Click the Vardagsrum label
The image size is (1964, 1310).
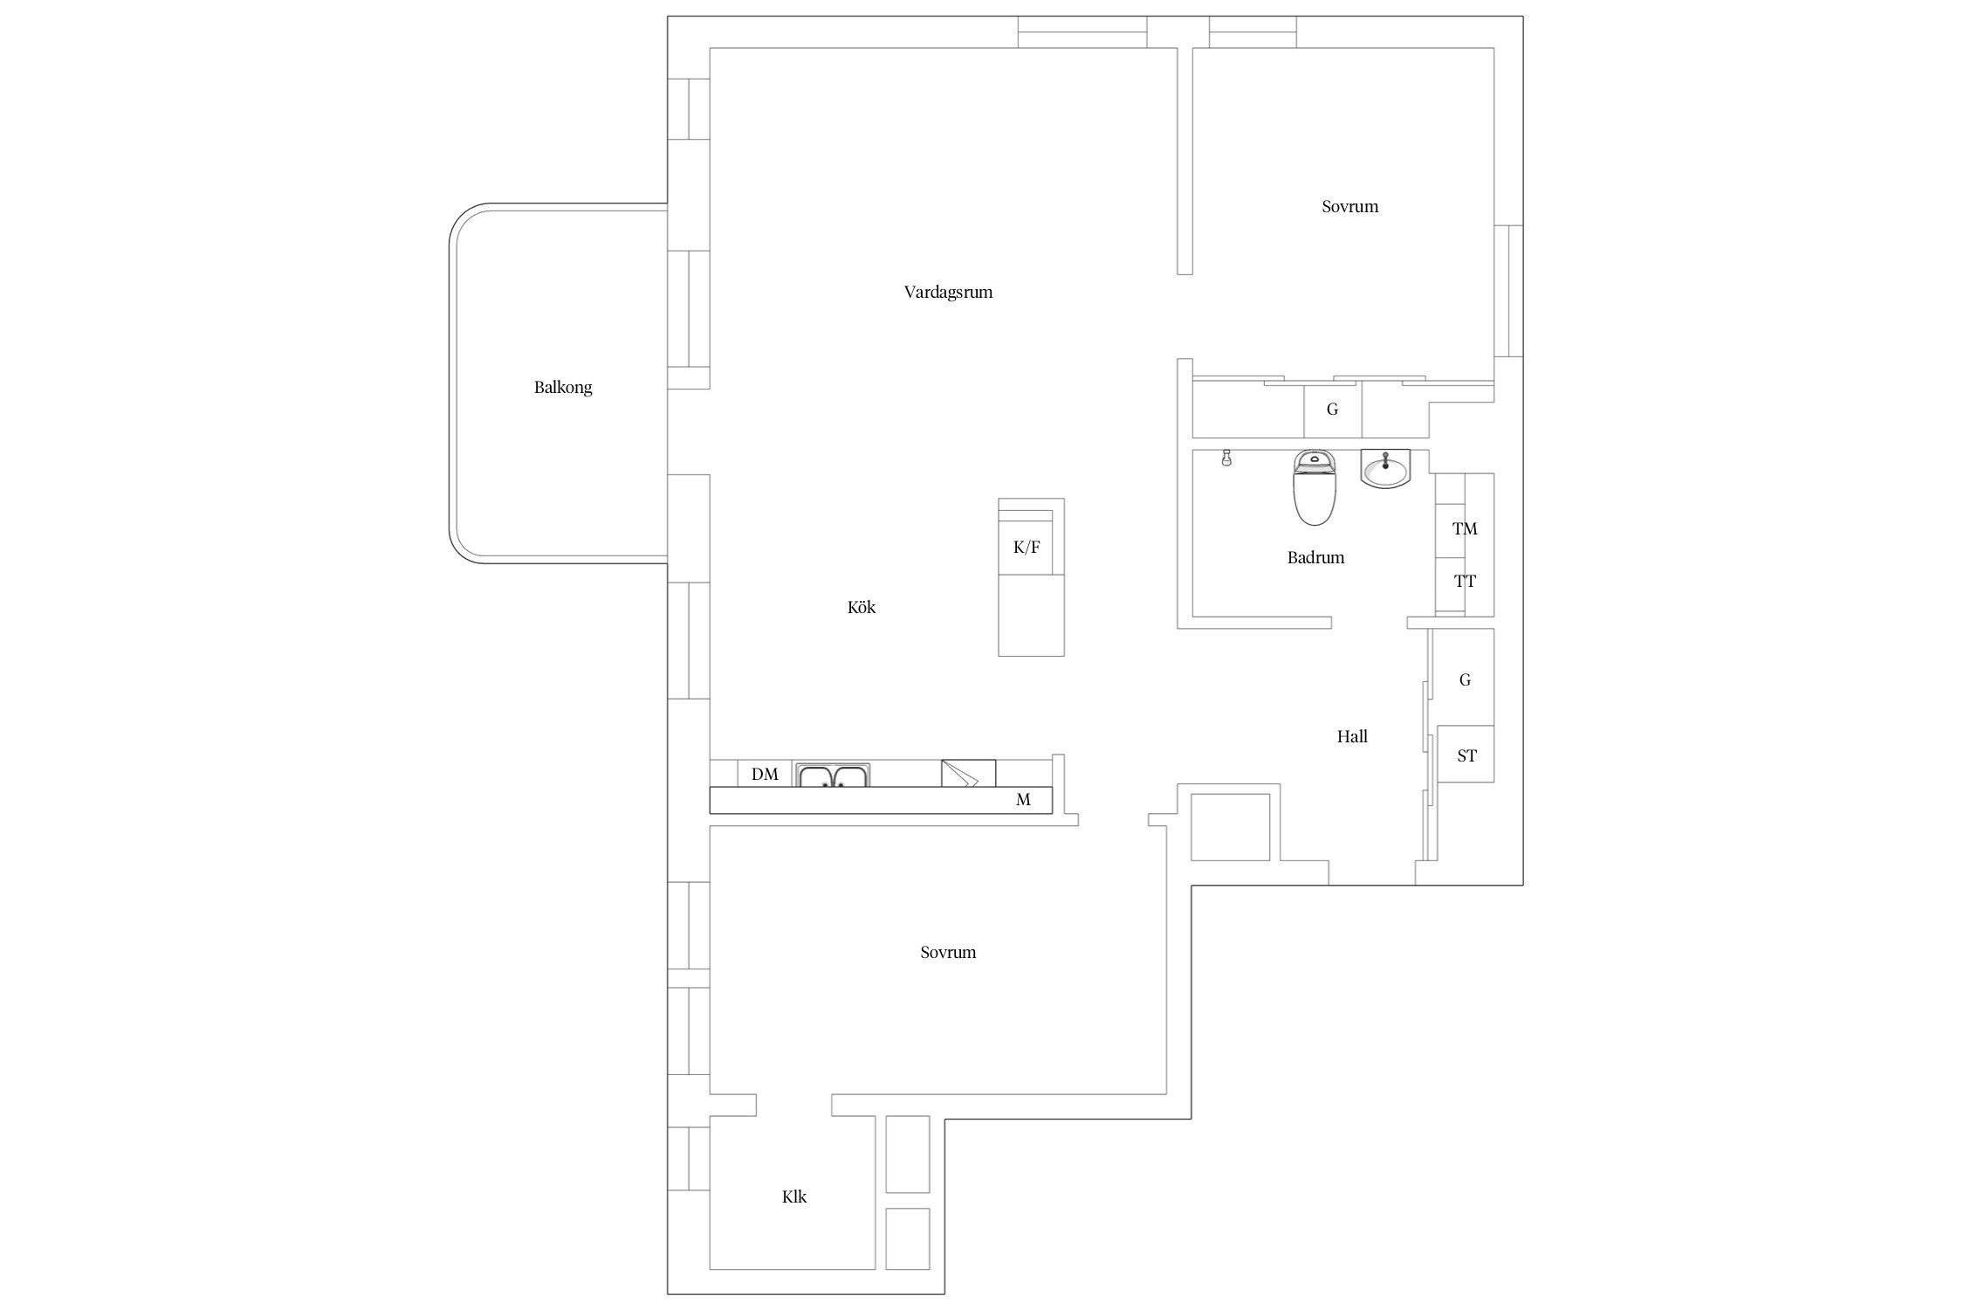click(x=948, y=293)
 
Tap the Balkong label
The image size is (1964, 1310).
click(x=563, y=388)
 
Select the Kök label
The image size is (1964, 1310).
click(x=861, y=607)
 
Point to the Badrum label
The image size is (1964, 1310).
click(x=1315, y=557)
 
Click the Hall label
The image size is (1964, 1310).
click(x=1352, y=736)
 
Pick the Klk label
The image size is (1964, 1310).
click(x=794, y=1196)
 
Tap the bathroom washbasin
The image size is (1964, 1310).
click(x=1385, y=469)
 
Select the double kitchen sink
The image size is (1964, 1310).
click(x=833, y=776)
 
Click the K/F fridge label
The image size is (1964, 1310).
click(x=1027, y=548)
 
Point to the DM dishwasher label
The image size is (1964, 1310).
click(x=765, y=775)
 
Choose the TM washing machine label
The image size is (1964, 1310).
click(x=1465, y=528)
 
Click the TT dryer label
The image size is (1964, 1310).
click(x=1465, y=581)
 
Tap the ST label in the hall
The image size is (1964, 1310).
click(x=1466, y=755)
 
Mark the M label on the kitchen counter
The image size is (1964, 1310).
click(x=1023, y=799)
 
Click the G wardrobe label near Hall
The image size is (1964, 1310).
click(x=1465, y=679)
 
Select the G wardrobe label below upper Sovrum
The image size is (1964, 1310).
click(x=1332, y=409)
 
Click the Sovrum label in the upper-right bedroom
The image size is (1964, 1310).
click(x=1349, y=207)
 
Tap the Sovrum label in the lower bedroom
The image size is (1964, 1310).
click(x=948, y=952)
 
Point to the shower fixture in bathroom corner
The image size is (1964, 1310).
click(x=1226, y=458)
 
